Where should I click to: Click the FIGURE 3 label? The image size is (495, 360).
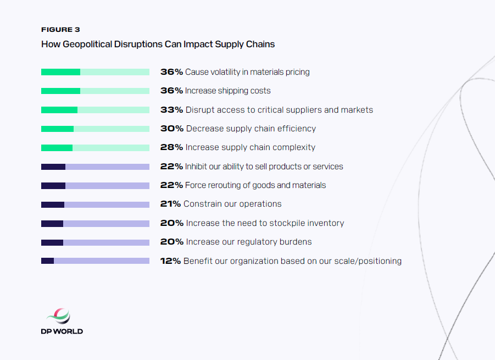click(60, 30)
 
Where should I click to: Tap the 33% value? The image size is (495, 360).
click(171, 110)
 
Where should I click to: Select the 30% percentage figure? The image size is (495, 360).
click(171, 129)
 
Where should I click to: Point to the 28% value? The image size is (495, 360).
click(171, 147)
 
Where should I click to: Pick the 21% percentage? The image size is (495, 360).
click(170, 204)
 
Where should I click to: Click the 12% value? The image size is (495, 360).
click(170, 261)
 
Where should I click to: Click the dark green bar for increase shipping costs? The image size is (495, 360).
click(60, 91)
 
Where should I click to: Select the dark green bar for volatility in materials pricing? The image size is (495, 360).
click(60, 72)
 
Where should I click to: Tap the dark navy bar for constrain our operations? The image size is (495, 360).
click(53, 204)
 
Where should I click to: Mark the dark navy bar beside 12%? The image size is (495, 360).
click(47, 261)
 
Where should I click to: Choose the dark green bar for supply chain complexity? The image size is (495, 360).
click(57, 148)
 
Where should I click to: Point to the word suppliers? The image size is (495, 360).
click(303, 110)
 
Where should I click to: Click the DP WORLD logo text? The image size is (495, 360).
click(62, 331)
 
